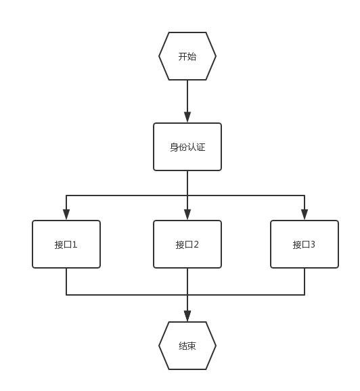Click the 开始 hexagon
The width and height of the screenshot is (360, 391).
(187, 56)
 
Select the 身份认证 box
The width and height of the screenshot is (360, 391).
(187, 147)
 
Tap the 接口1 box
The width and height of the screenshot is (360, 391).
(66, 244)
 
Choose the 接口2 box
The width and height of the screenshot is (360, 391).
(187, 244)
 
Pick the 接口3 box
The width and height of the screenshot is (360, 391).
(305, 244)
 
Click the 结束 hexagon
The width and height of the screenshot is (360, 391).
(187, 346)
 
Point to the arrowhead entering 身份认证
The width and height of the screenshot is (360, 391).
(187, 117)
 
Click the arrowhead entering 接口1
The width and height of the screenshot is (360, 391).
(66, 214)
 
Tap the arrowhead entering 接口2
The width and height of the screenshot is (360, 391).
(187, 214)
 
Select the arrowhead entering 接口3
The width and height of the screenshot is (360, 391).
(305, 214)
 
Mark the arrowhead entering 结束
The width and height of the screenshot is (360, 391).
(187, 316)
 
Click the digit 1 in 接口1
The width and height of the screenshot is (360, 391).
(74, 245)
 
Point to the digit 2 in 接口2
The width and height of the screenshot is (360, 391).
(196, 245)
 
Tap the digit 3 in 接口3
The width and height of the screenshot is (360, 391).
(313, 245)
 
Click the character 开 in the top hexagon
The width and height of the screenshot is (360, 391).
(183, 57)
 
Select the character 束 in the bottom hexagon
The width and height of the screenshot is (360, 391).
(192, 346)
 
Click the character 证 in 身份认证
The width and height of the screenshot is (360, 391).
(201, 147)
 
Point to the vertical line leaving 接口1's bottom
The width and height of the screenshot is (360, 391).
(66, 281)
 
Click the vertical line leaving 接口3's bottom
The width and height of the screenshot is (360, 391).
(305, 281)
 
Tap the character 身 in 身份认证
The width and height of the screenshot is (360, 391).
(174, 147)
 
